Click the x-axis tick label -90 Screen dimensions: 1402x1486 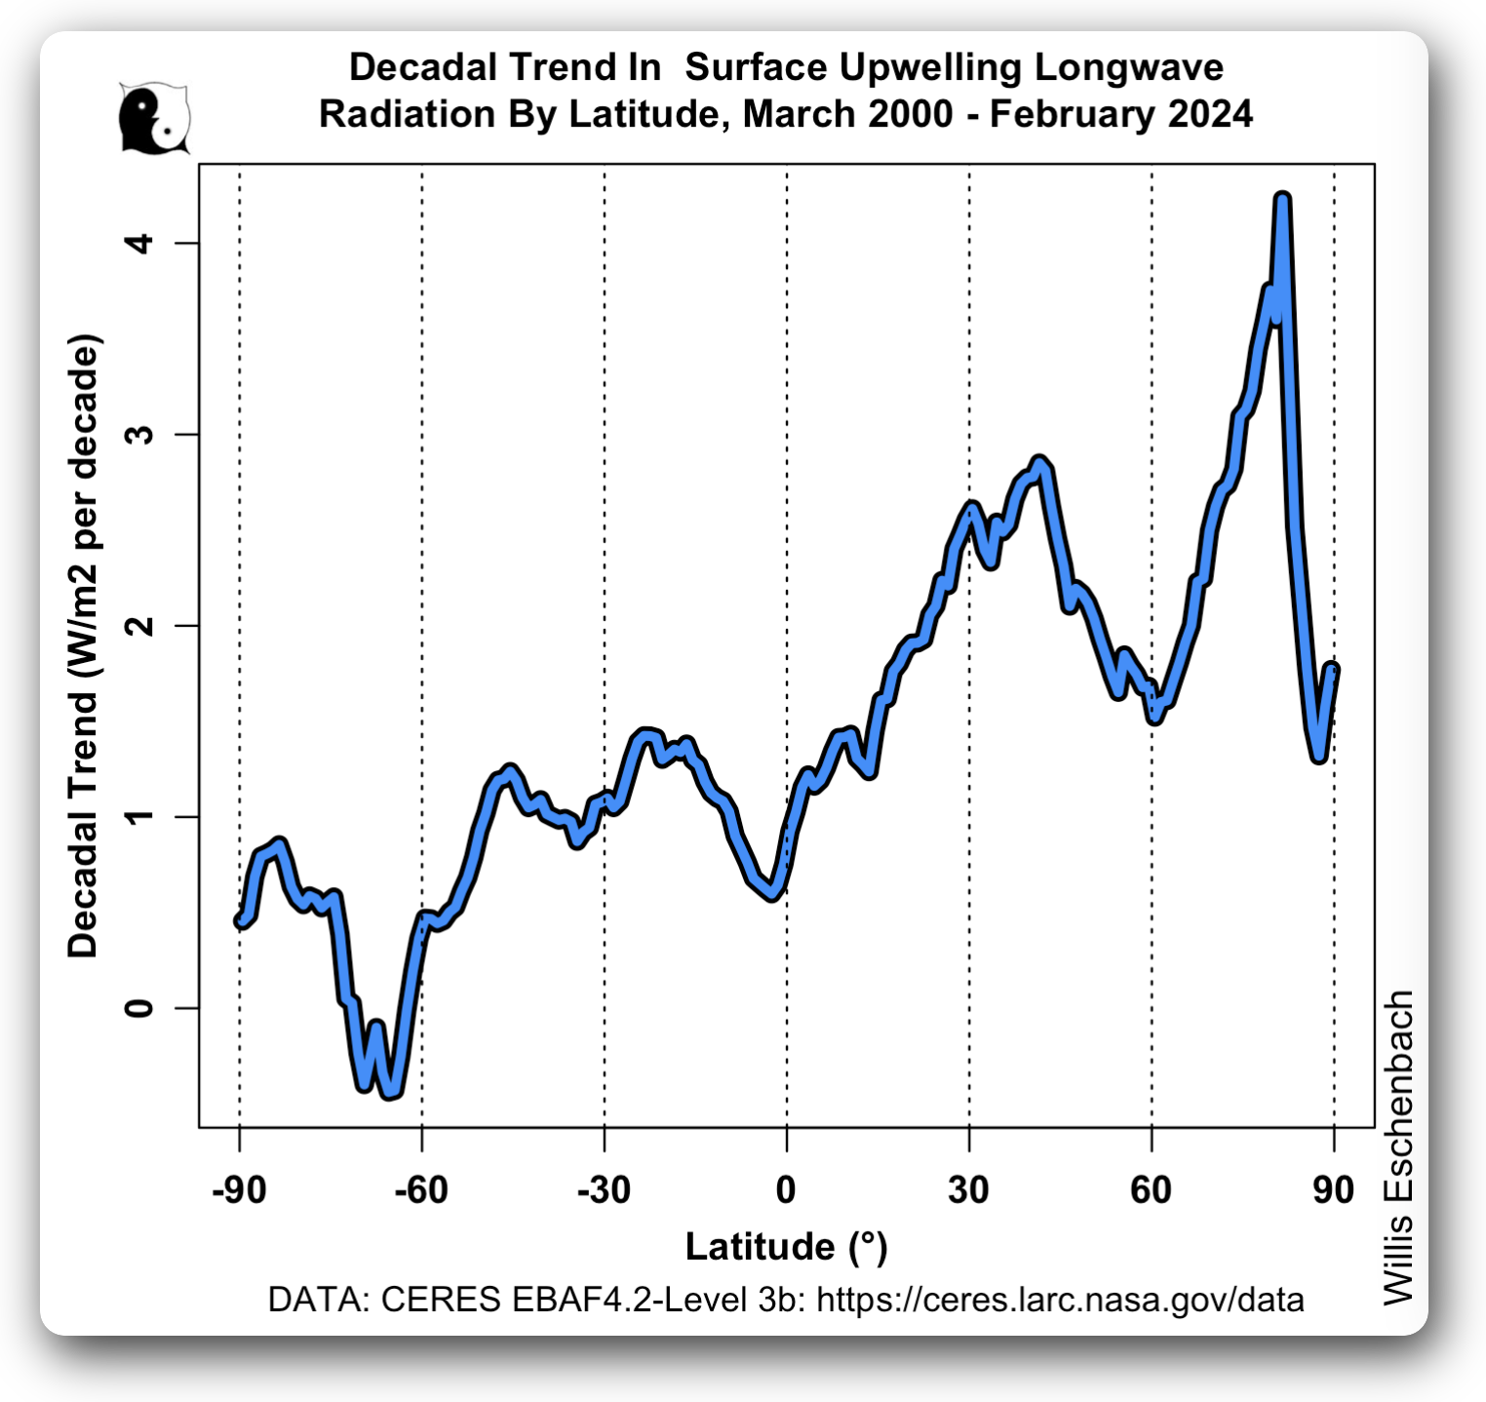[239, 1190]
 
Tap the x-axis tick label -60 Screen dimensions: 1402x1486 [421, 1190]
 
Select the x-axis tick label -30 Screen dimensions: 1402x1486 [604, 1190]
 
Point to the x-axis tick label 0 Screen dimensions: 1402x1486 [786, 1190]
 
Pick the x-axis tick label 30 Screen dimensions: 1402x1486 [968, 1190]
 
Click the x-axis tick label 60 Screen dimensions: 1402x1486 [1151, 1190]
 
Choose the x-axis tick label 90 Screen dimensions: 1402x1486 [1333, 1190]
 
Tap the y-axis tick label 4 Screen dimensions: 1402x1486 [140, 243]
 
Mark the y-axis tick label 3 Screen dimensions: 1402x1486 [140, 434]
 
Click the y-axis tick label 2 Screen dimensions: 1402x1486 [140, 625]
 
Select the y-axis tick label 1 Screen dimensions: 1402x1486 [140, 816]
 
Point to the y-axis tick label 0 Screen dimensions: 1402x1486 [140, 1007]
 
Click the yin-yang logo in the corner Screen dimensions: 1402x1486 [154, 118]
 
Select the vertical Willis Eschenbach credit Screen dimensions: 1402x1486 [1399, 1147]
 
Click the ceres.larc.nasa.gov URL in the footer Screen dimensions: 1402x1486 [1060, 1300]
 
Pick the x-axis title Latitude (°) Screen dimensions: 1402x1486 [786, 1247]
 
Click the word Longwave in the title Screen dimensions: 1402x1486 [1128, 67]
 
